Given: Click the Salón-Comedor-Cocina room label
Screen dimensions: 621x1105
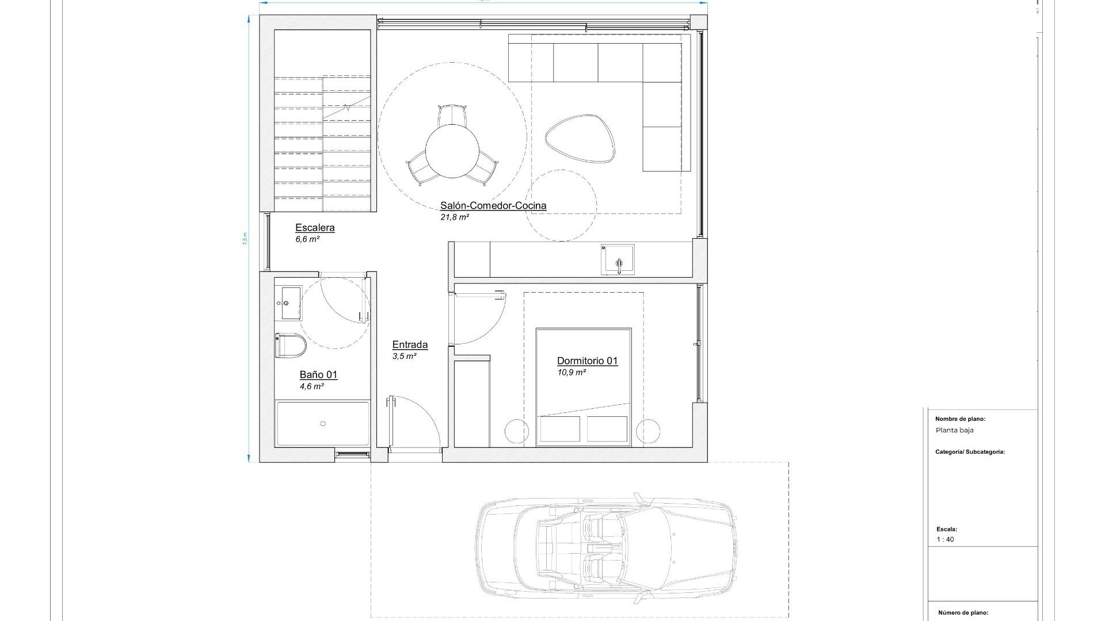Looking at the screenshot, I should (x=493, y=205).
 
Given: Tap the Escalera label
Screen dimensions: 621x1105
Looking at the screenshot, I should (x=315, y=228).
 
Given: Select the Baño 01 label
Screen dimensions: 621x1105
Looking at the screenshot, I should (x=318, y=375).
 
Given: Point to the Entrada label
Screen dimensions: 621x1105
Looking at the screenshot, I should (x=410, y=345).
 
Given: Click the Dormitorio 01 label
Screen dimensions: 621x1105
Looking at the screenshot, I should (x=587, y=361).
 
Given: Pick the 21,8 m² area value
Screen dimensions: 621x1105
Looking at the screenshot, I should (x=455, y=217).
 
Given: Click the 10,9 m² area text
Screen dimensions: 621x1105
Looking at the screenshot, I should (x=571, y=373).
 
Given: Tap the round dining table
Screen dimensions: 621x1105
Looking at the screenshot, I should (x=452, y=152).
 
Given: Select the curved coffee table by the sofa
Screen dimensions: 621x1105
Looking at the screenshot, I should (x=580, y=139).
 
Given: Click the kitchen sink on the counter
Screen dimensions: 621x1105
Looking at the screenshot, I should (x=618, y=260).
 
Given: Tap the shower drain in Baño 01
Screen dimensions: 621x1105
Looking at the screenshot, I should (x=323, y=424).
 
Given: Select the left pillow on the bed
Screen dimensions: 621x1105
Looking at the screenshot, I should (x=560, y=429).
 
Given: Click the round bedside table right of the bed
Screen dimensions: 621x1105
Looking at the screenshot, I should (x=647, y=431).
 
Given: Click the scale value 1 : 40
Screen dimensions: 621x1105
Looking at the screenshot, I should (x=945, y=539).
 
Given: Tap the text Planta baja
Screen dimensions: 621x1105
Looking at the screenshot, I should (x=954, y=430).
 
